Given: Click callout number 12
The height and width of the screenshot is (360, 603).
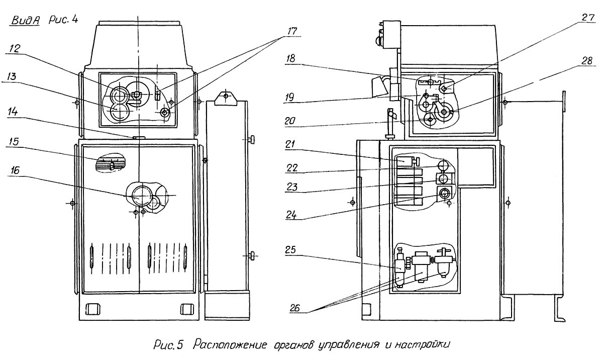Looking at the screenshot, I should [x=16, y=49].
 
